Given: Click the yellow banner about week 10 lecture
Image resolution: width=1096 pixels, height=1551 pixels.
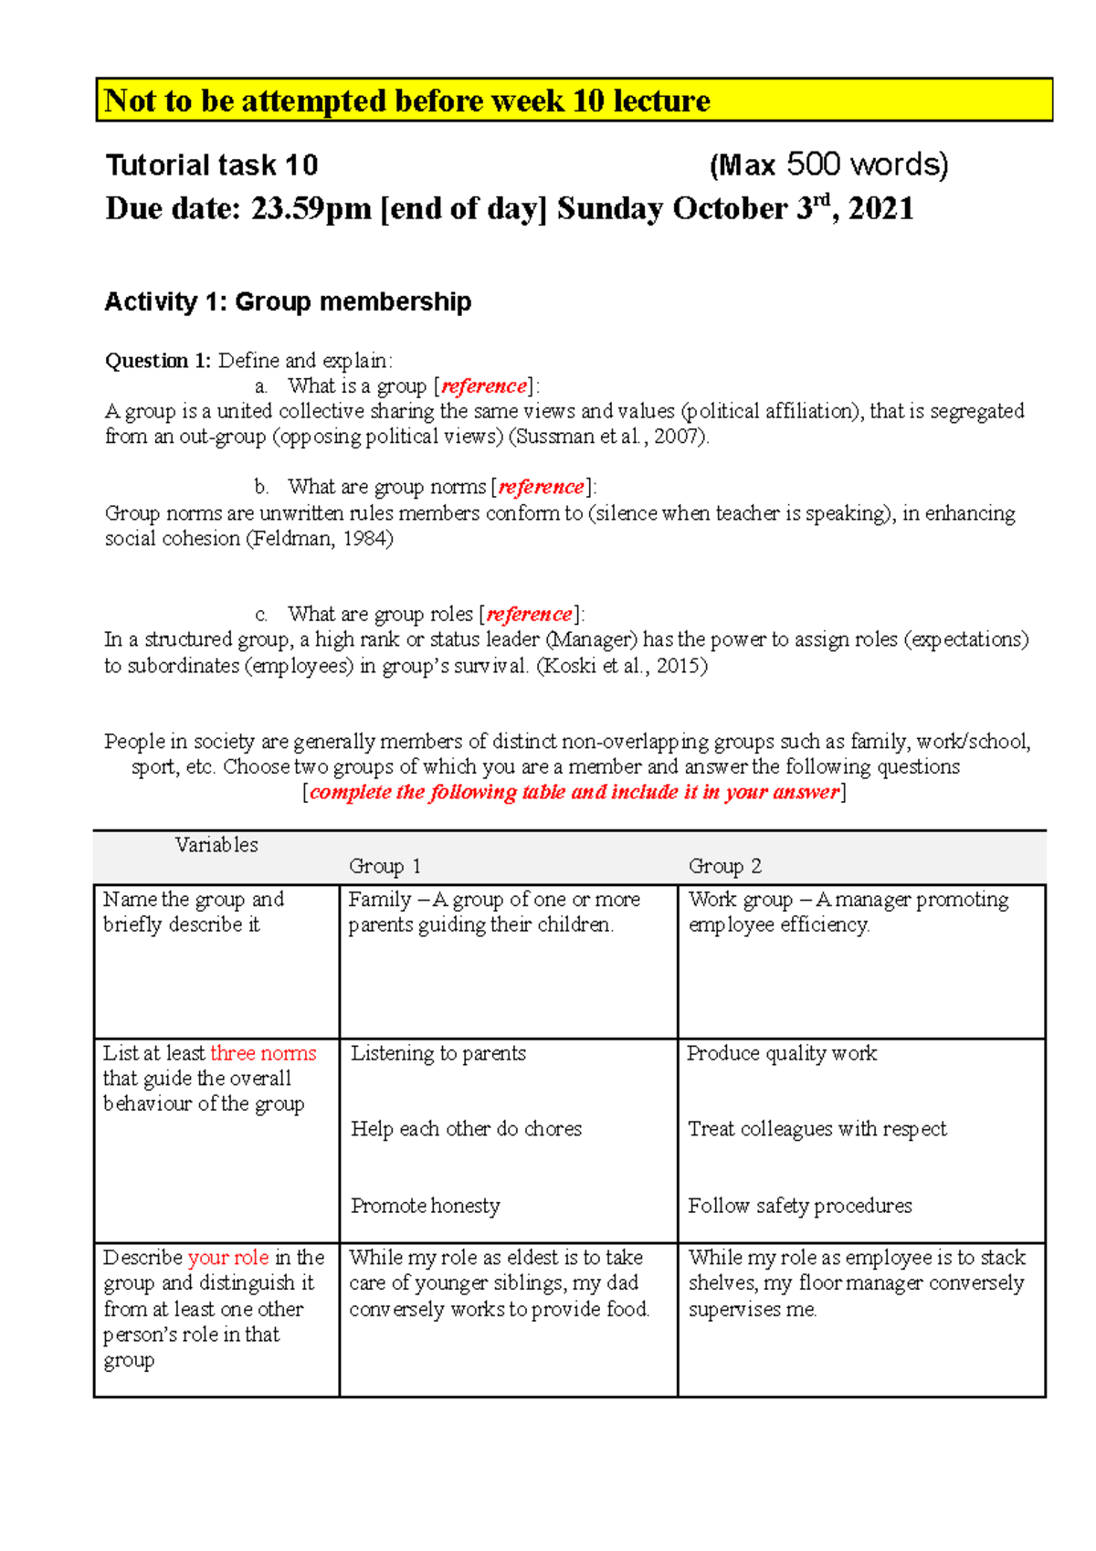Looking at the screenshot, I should (574, 100).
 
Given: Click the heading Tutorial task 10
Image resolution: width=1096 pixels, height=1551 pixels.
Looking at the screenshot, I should (212, 165).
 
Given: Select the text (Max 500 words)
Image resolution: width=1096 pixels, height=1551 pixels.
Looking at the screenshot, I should (828, 165).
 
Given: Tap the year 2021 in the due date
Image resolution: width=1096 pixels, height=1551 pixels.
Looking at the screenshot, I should (880, 209).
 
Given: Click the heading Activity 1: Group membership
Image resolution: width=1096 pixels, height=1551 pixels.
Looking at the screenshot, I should (288, 301).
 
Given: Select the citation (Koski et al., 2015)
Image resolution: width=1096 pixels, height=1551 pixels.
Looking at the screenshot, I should (621, 666).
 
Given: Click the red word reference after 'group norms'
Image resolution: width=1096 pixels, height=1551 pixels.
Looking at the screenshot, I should (542, 487).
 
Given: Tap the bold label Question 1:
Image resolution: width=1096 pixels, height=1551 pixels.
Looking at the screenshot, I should (158, 361).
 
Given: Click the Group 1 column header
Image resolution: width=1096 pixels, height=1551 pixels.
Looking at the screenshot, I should (385, 866).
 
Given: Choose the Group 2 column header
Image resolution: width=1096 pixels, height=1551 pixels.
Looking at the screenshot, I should (724, 866).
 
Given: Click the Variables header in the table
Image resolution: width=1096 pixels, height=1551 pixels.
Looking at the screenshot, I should (216, 845).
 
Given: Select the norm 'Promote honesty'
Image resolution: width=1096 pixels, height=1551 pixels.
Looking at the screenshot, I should (426, 1206).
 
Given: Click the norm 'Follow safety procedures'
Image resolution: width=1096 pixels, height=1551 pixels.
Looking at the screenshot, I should (800, 1206).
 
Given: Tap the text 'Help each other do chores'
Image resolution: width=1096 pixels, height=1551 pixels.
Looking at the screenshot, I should (466, 1129).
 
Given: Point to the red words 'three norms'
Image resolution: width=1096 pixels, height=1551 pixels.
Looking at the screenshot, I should (263, 1053).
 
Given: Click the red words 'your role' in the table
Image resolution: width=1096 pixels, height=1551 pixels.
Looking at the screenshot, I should (228, 1258).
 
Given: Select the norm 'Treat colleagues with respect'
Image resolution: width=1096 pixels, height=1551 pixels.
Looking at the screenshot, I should (817, 1129).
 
